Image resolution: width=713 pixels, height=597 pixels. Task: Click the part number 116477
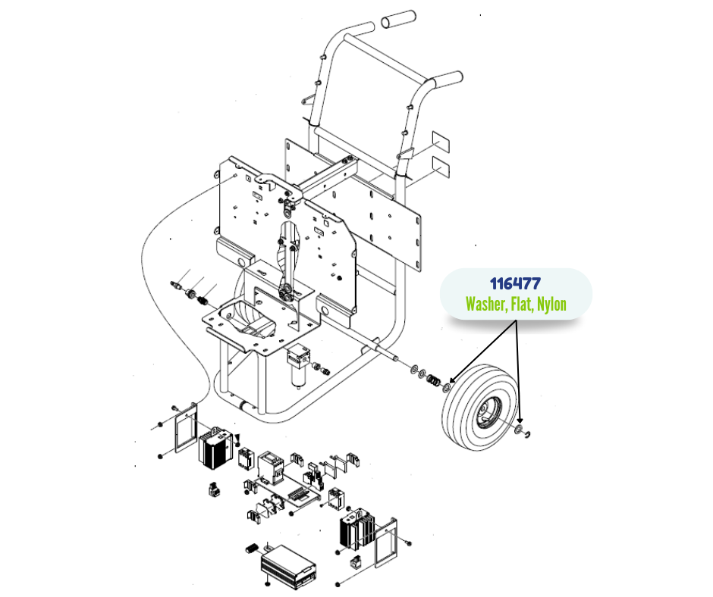(515, 284)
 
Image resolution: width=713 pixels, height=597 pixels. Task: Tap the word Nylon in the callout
(551, 305)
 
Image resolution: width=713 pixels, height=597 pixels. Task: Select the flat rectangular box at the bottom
(289, 564)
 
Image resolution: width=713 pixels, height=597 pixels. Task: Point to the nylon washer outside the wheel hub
(518, 430)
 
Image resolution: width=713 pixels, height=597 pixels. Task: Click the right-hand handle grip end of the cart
(449, 78)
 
